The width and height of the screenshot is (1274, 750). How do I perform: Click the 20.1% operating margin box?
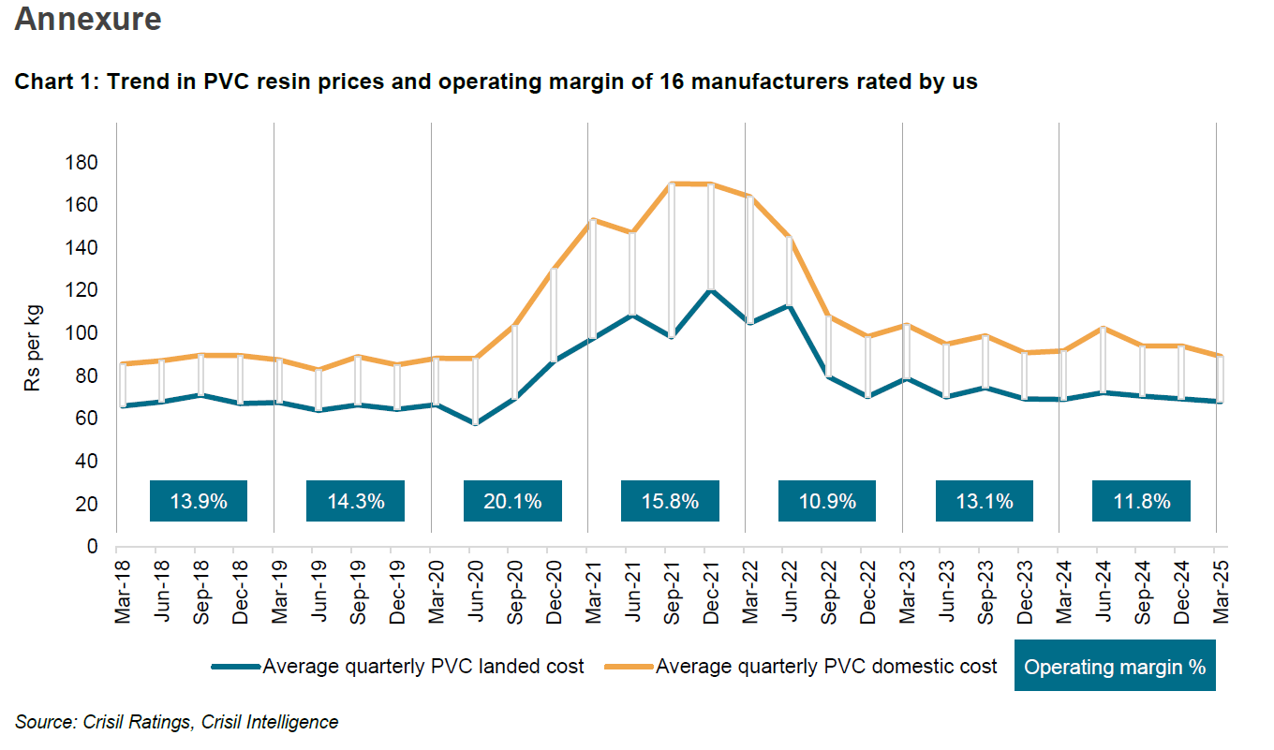coord(512,501)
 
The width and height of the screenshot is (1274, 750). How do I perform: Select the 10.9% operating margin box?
coord(826,501)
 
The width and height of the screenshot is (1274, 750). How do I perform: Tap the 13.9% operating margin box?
coord(199,501)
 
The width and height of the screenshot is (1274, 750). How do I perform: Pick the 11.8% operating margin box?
coord(1141,501)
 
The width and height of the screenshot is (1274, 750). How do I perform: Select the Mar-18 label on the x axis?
coord(123,588)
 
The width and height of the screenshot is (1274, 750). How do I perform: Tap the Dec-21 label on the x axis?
coord(712,588)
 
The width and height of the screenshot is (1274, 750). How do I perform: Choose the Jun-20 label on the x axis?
coord(476,588)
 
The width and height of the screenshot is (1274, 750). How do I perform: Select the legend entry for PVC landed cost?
coord(422,667)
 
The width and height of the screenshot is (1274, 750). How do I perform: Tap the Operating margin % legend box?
coord(1114,667)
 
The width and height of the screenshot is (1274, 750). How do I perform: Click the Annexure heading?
coord(88,20)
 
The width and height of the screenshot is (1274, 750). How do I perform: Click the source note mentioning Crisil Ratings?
coord(176,722)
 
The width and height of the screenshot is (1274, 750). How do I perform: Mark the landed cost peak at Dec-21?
coord(711,290)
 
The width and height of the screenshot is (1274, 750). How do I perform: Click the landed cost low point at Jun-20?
coord(476,423)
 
